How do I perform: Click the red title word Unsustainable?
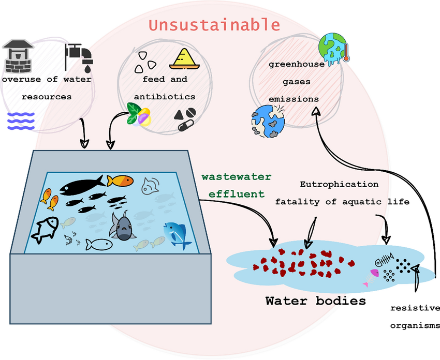pyautogui.click(x=214, y=24)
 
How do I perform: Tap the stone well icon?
pyautogui.click(x=19, y=56)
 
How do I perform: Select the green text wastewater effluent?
pyautogui.click(x=236, y=185)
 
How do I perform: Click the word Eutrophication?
pyautogui.click(x=339, y=184)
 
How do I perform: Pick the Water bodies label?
pyautogui.click(x=316, y=300)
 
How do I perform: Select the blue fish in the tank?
pyautogui.click(x=177, y=234)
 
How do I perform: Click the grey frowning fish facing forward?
pyautogui.click(x=123, y=228)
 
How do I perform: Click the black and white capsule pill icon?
pyautogui.click(x=184, y=124)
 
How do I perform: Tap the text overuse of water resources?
pyautogui.click(x=47, y=88)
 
